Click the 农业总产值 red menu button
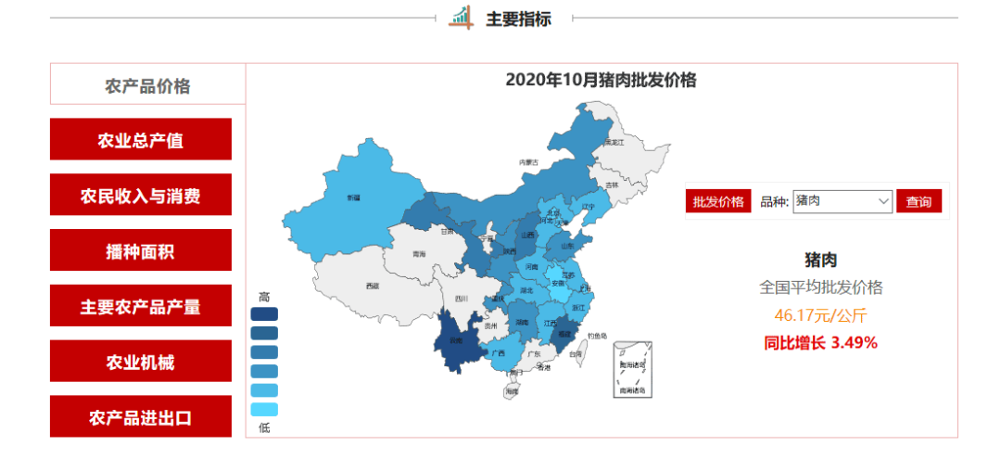pos(141,140)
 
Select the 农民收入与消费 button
pos(141,196)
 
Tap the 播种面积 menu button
pos(141,251)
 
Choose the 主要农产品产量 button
pos(141,307)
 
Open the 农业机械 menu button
pos(141,362)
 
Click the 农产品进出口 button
pos(141,417)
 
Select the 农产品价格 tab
pos(147,86)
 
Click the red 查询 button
pos(919,201)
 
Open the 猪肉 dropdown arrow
pos(882,200)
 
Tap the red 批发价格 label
pos(718,201)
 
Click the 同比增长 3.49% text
pos(820,343)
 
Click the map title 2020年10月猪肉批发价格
pos(601,80)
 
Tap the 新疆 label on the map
pos(353,198)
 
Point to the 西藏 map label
pos(373,286)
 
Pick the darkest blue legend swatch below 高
pos(264,314)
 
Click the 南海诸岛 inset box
pos(634,368)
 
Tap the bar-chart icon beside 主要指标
pos(461,18)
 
